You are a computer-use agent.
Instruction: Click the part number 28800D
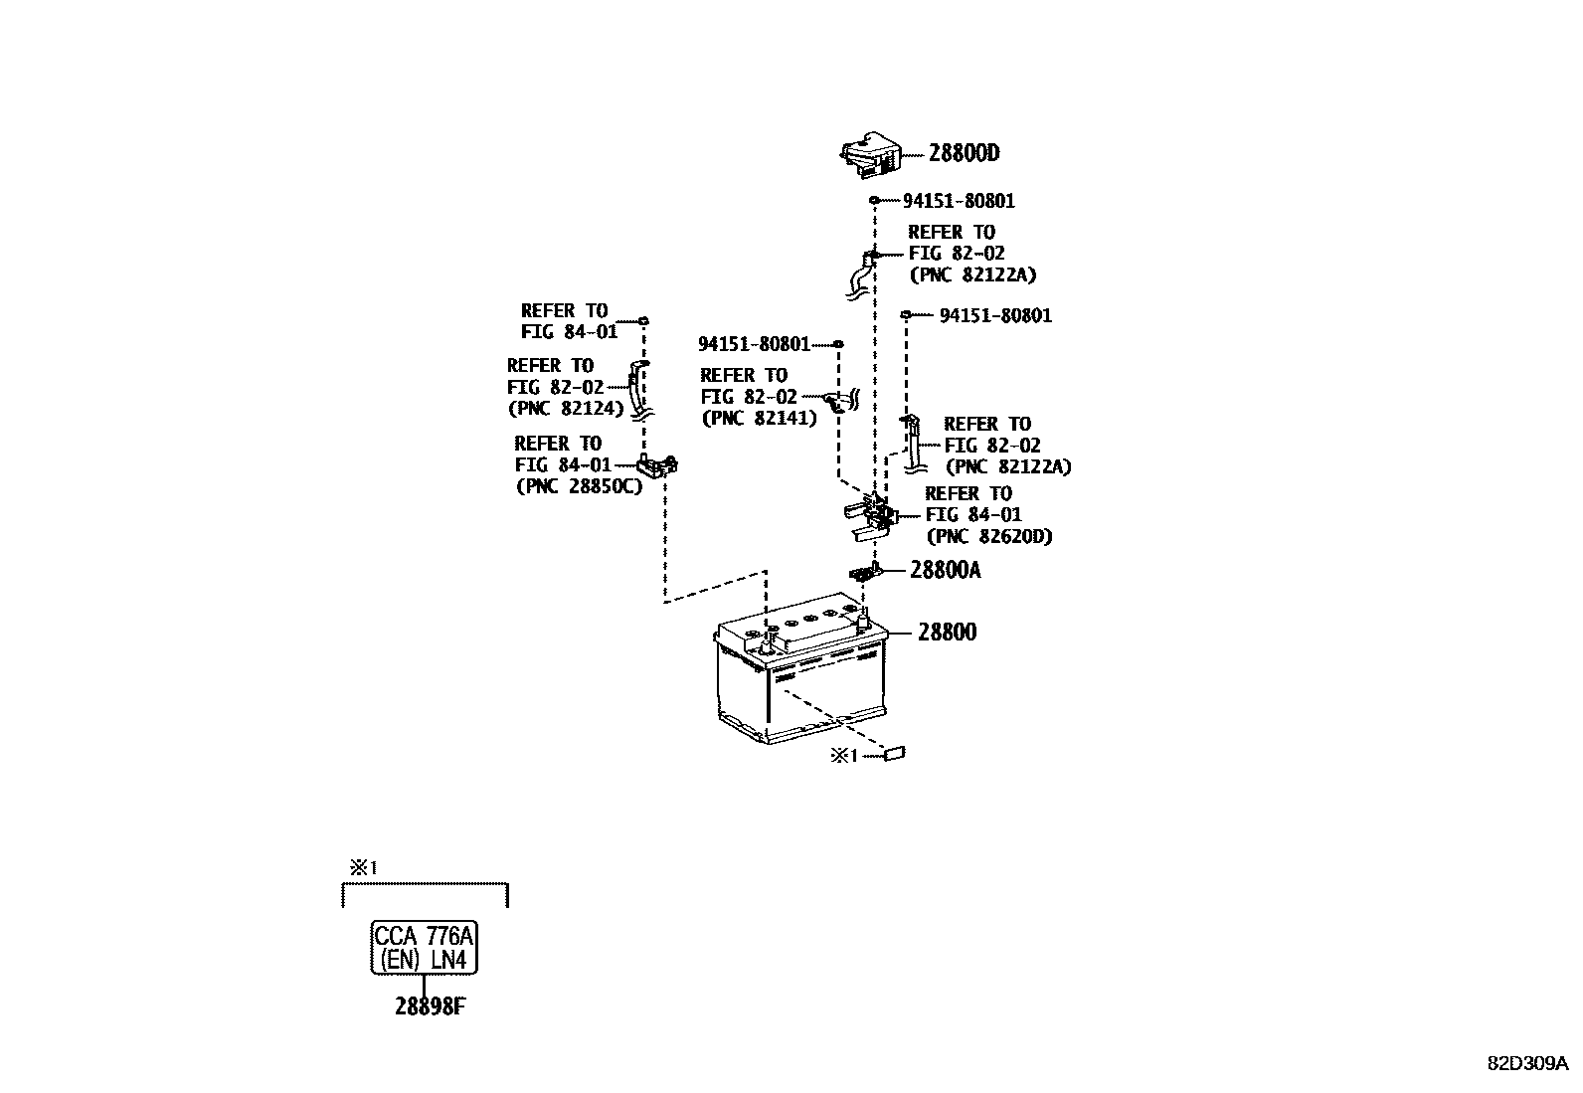pyautogui.click(x=964, y=153)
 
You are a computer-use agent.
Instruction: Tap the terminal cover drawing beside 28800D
pyautogui.click(x=871, y=155)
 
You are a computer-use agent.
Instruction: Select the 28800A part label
pyautogui.click(x=945, y=570)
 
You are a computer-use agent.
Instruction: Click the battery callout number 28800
pyautogui.click(x=947, y=632)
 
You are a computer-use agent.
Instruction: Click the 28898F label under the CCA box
pyautogui.click(x=430, y=1006)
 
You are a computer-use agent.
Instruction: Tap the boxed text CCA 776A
pyautogui.click(x=424, y=936)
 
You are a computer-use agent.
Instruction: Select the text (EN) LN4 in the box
pyautogui.click(x=424, y=961)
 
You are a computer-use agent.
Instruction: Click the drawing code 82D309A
pyautogui.click(x=1527, y=1062)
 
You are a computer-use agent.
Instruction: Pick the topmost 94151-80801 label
pyautogui.click(x=959, y=201)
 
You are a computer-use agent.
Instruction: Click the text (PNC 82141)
pyautogui.click(x=759, y=419)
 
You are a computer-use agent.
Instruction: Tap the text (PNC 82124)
pyautogui.click(x=566, y=408)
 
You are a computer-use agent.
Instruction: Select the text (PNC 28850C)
pyautogui.click(x=578, y=486)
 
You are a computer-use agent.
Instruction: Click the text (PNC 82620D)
pyautogui.click(x=988, y=536)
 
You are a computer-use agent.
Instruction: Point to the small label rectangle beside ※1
pyautogui.click(x=894, y=755)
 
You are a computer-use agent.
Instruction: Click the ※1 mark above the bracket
pyautogui.click(x=362, y=868)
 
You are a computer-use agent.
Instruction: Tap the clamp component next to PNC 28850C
pyautogui.click(x=657, y=464)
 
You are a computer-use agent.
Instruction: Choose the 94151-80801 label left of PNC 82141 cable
pyautogui.click(x=754, y=344)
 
